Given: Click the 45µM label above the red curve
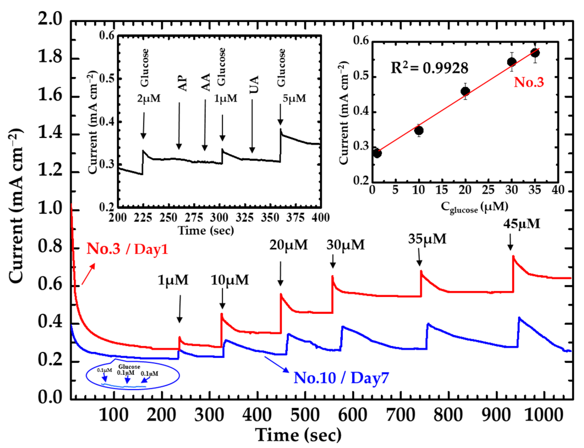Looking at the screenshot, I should pos(521,224).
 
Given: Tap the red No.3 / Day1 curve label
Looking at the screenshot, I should pos(127,249).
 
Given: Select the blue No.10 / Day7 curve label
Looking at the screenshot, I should pos(341,378).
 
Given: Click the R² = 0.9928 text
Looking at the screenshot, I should pos(429,68).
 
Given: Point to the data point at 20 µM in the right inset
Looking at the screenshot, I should pos(465,91).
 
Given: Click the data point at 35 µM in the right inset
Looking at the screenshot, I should pos(535,53).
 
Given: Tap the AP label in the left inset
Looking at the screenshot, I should pos(183,83).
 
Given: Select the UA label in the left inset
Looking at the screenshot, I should pos(254,85).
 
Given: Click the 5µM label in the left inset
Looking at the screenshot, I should pos(294,99).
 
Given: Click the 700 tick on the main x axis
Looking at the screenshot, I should pos(401,415).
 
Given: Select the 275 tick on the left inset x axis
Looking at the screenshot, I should pos(194,218).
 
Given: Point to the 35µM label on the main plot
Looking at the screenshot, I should pos(427,239).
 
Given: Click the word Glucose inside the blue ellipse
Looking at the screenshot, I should pos(129,367).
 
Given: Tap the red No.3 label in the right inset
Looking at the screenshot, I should pos(528,82).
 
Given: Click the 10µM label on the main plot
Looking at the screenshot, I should pos(230,280).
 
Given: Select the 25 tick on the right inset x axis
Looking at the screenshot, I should pos(488,190).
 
